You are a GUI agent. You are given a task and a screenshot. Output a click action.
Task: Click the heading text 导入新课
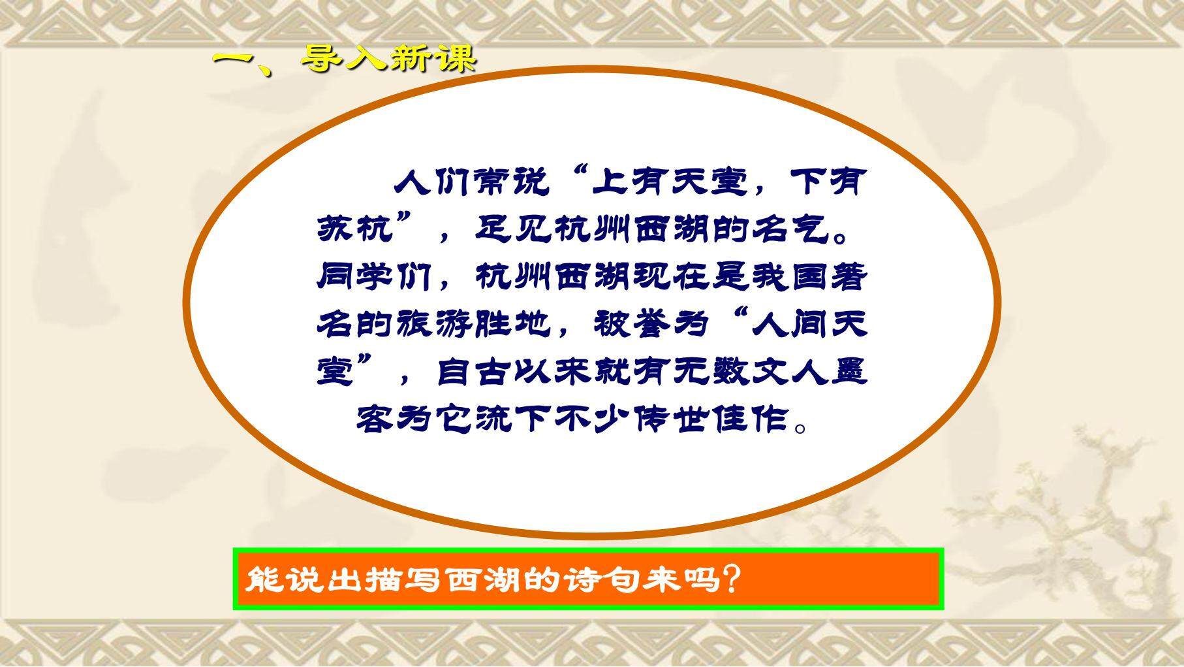pyautogui.click(x=389, y=59)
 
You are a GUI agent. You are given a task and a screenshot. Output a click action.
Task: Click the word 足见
pyautogui.click(x=513, y=229)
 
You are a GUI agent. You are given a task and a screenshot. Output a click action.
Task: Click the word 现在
pyautogui.click(x=672, y=277)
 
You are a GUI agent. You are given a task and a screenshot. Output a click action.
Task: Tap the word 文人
pyautogui.click(x=788, y=372)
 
